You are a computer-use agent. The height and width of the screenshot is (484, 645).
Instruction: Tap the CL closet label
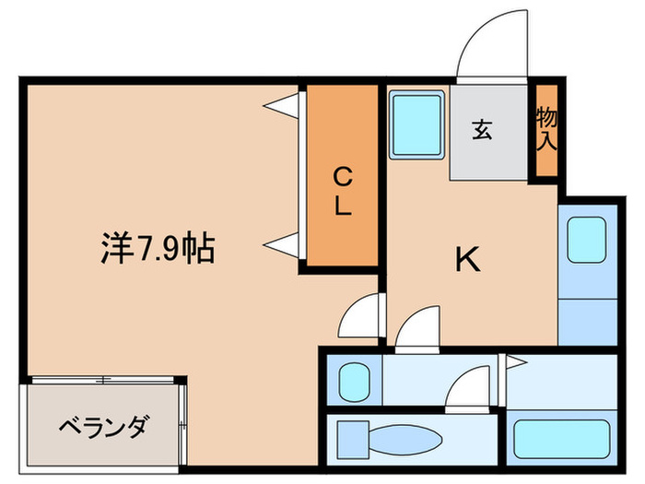[342, 190]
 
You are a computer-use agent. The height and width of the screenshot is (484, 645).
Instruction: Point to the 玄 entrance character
[481, 130]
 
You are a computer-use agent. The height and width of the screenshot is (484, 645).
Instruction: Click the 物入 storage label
[546, 129]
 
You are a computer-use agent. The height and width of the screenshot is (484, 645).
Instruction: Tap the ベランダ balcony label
[102, 429]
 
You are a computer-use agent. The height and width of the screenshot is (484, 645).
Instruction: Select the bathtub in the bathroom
[559, 435]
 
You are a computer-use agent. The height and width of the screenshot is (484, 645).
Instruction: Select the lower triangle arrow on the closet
[283, 244]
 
